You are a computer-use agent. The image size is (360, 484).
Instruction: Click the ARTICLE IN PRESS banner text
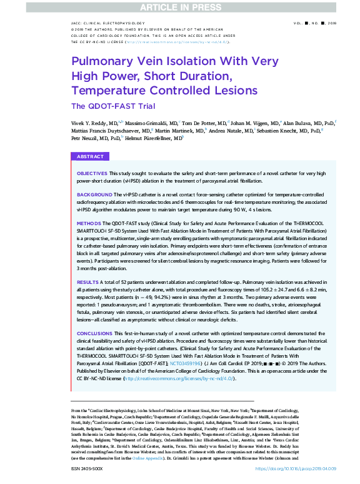pyautogui.click(x=180, y=7)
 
